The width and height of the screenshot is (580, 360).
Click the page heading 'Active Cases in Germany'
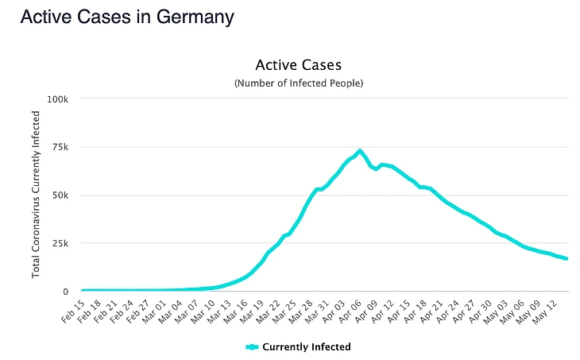[127, 17]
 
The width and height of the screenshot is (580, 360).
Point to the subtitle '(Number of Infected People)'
[298, 83]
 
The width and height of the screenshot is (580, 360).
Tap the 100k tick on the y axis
[58, 99]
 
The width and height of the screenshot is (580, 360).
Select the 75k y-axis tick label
[60, 147]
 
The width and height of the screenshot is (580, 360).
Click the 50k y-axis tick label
[60, 195]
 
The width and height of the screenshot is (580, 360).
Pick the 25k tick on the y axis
[60, 243]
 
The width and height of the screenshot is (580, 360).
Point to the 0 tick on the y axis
[67, 292]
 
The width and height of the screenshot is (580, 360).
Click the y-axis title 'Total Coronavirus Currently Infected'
[37, 195]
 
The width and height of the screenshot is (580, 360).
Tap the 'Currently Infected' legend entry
[299, 346]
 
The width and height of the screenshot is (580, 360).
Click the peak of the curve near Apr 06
[360, 150]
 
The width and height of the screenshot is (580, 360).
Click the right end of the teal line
[566, 258]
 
